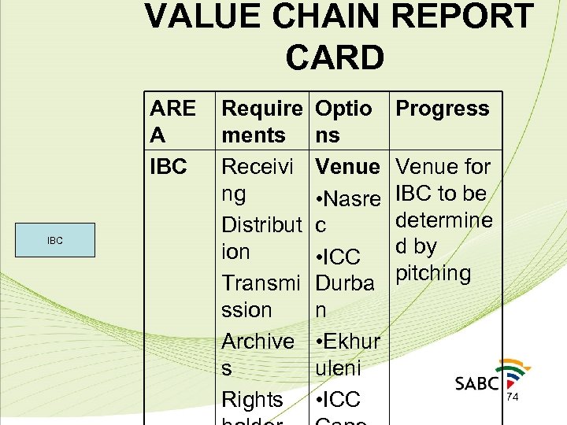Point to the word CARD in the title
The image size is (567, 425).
335,57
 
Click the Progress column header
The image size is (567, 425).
442,109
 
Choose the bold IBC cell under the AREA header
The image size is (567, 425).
168,167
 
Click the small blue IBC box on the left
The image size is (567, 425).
54,240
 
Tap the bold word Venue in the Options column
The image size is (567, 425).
347,167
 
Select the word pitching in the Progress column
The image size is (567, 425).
433,273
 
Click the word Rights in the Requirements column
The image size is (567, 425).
252,399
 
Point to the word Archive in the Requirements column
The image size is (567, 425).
258,341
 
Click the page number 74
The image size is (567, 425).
512,397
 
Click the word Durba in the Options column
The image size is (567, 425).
345,283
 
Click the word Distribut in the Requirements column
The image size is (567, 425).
263,225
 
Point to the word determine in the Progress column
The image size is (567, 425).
444,220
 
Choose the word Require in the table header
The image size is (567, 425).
262,109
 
